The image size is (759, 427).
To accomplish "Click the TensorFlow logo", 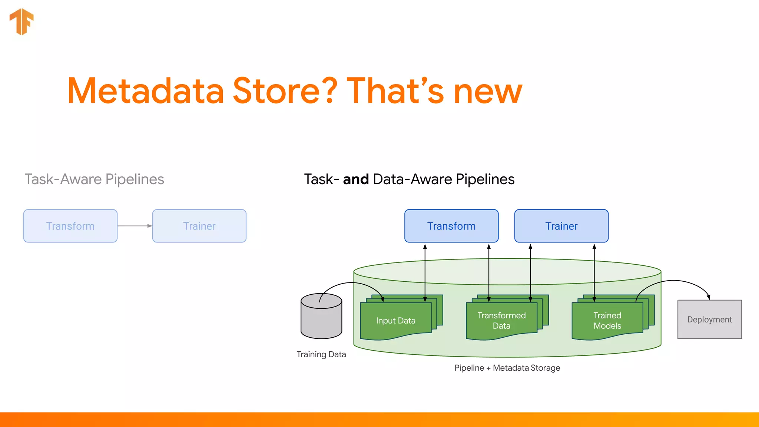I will (x=21, y=21).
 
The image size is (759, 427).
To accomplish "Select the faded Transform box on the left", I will (x=70, y=226).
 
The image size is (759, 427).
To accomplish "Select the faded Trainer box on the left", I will (x=199, y=226).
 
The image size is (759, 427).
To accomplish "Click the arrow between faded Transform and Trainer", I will (x=135, y=226).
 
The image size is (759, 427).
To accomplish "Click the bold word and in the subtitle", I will (x=356, y=179).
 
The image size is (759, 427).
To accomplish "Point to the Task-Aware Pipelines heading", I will (x=94, y=179).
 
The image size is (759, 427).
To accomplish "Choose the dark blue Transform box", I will (x=451, y=226).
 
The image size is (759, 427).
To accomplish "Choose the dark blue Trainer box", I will (x=561, y=226).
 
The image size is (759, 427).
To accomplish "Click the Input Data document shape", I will (x=395, y=321).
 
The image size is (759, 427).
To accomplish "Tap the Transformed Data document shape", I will (x=501, y=321).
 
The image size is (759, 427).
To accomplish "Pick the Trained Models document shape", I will (x=607, y=321).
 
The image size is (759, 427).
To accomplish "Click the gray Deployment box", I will (x=709, y=320).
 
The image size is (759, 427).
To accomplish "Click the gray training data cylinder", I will (x=321, y=321).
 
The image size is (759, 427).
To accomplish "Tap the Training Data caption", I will (x=321, y=354).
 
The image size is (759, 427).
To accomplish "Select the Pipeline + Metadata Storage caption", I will (x=507, y=368).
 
